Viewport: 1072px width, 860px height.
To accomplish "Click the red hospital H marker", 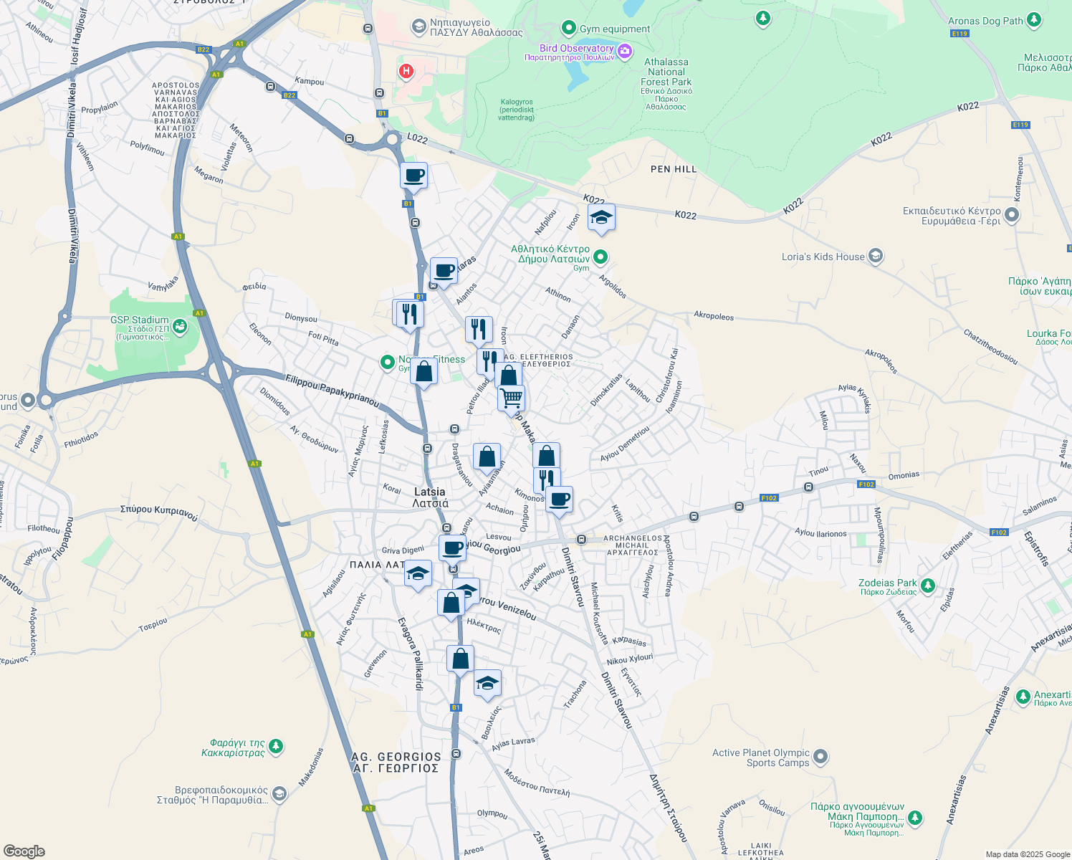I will [406, 71].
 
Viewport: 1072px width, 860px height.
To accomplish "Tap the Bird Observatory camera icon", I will [625, 50].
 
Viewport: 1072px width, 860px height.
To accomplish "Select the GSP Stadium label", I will [139, 320].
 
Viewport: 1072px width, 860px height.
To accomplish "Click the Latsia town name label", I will [430, 497].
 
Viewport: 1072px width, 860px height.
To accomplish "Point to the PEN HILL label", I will [674, 169].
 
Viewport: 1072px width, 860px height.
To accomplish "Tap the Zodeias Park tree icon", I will [928, 586].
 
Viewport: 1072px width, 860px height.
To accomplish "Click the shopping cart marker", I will [511, 398].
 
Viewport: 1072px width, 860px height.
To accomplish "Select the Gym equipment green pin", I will [569, 28].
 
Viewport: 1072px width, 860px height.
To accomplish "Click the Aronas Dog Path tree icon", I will [1033, 19].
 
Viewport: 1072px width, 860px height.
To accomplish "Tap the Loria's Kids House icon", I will [875, 256].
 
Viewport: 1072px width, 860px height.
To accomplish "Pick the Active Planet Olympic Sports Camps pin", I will [820, 757].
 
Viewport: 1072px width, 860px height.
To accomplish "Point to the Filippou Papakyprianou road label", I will [332, 391].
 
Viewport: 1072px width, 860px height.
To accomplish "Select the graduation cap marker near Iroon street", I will [601, 218].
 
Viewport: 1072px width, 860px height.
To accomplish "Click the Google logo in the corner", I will [24, 851].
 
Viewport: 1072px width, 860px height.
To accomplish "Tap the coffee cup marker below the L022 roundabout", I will [413, 176].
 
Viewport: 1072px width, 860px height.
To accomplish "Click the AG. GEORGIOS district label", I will [396, 762].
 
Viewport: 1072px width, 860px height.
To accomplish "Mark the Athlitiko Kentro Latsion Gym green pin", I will [600, 256].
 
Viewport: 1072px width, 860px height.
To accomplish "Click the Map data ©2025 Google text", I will [1028, 854].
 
